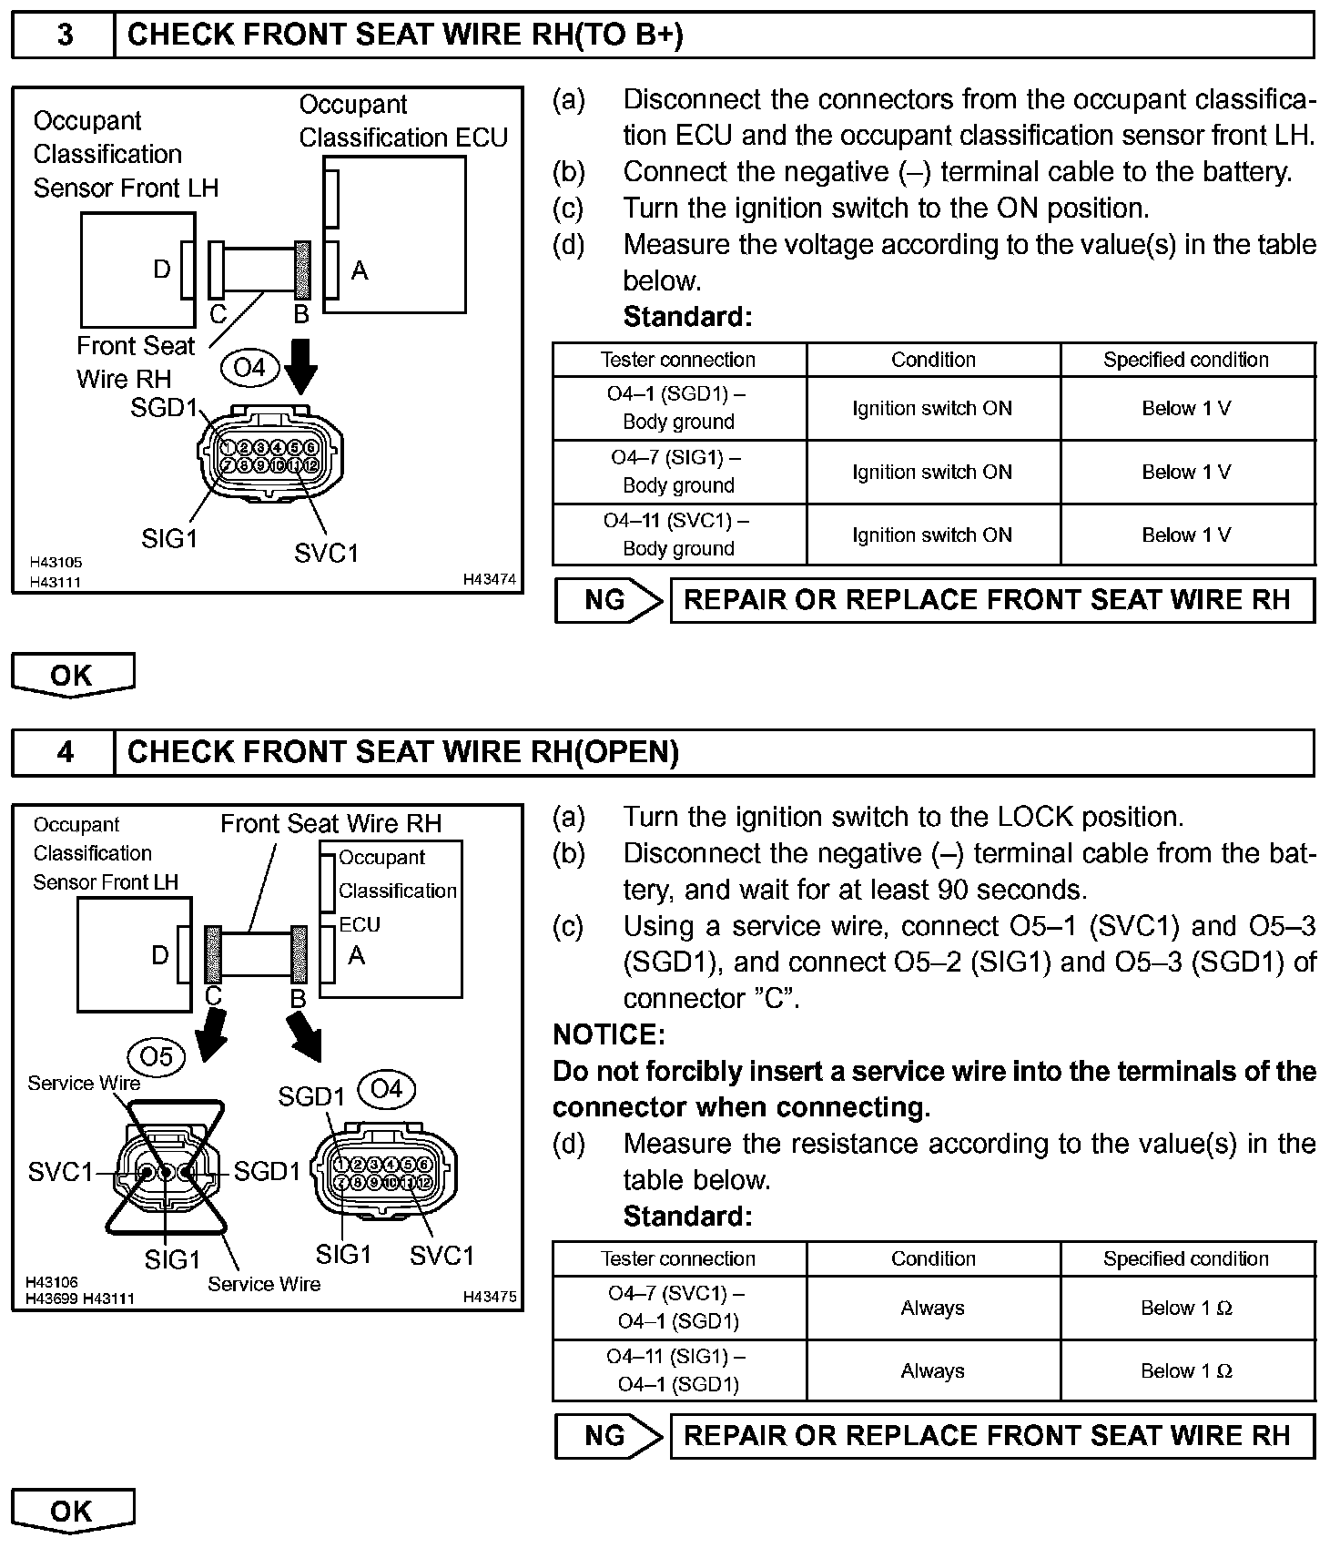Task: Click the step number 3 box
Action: pos(64,36)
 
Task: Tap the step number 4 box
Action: pos(64,752)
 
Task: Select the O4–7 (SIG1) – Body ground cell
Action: pos(678,472)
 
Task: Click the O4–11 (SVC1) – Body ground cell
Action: pos(678,535)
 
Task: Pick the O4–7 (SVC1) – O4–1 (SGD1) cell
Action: pos(678,1307)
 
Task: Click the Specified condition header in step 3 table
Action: pos(1186,360)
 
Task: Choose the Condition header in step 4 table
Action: pos(933,1258)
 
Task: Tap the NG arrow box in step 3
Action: pos(608,600)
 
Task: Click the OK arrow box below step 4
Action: pos(73,1511)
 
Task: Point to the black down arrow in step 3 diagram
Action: pos(300,364)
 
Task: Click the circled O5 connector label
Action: pos(157,1056)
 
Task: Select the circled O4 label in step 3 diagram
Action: pos(249,367)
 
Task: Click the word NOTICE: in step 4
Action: pos(609,1034)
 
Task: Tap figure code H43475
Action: pos(489,1297)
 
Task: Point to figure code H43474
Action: pos(489,579)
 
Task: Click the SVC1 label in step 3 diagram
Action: pos(326,553)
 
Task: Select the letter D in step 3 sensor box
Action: pos(161,270)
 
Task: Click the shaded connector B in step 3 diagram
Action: pos(302,270)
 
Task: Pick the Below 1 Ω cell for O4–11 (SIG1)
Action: pos(1186,1370)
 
